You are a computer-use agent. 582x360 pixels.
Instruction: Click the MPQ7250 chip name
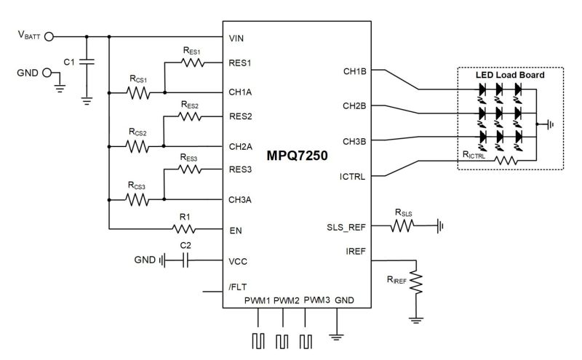point(297,155)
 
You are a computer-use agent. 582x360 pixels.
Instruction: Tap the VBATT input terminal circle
point(49,37)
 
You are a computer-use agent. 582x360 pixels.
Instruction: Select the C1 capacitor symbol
point(87,62)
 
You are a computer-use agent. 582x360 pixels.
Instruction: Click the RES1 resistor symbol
point(193,63)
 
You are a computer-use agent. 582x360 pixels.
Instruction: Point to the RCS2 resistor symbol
point(137,146)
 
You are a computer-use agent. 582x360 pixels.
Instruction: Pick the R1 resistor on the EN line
point(184,228)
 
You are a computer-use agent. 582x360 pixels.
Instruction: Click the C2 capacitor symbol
point(186,260)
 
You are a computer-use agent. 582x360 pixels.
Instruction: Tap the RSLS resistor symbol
point(402,225)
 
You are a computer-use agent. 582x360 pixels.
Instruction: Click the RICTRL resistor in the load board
point(506,160)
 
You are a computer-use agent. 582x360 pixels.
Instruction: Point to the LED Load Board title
point(510,75)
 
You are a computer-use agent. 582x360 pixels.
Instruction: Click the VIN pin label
point(236,39)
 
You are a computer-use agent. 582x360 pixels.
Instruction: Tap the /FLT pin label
point(238,287)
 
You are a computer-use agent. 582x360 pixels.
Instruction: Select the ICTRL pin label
point(352,177)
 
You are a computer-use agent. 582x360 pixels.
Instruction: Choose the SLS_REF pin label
point(346,227)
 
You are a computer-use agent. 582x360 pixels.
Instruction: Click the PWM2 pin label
point(286,300)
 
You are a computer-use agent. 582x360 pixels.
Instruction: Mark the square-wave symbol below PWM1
point(258,341)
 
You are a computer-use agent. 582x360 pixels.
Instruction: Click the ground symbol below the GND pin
point(336,337)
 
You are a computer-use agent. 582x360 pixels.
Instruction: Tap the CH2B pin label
point(354,106)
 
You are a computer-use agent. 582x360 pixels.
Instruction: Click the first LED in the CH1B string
point(482,89)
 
